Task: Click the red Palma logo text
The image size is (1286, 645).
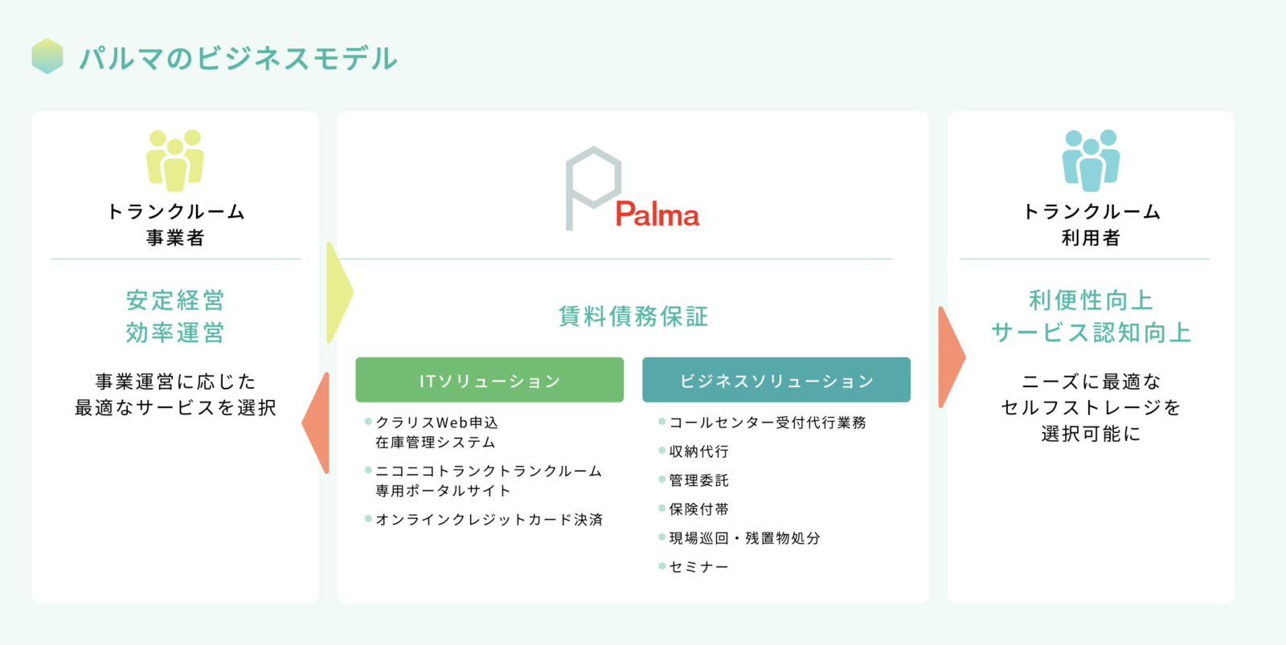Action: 657,214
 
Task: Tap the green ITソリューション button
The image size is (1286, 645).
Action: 489,380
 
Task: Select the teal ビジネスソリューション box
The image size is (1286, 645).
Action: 776,380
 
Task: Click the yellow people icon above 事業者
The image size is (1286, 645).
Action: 175,160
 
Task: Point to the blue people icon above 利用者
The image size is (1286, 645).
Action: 1091,160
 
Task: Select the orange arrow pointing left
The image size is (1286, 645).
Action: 315,423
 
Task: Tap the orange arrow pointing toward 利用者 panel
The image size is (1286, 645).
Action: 952,357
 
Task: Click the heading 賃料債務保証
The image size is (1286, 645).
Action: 633,316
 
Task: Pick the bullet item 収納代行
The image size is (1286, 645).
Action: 698,451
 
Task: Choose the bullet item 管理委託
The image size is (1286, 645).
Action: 698,480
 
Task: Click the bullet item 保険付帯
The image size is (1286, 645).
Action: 698,509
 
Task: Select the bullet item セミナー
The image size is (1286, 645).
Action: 698,567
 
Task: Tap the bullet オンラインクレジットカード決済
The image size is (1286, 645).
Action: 489,520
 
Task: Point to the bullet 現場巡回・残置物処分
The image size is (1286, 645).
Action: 744,537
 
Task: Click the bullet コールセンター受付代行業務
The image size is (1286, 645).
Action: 768,423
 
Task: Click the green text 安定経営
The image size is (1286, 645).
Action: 175,300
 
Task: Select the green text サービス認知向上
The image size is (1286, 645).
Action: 1091,333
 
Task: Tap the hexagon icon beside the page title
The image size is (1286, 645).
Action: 47,56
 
